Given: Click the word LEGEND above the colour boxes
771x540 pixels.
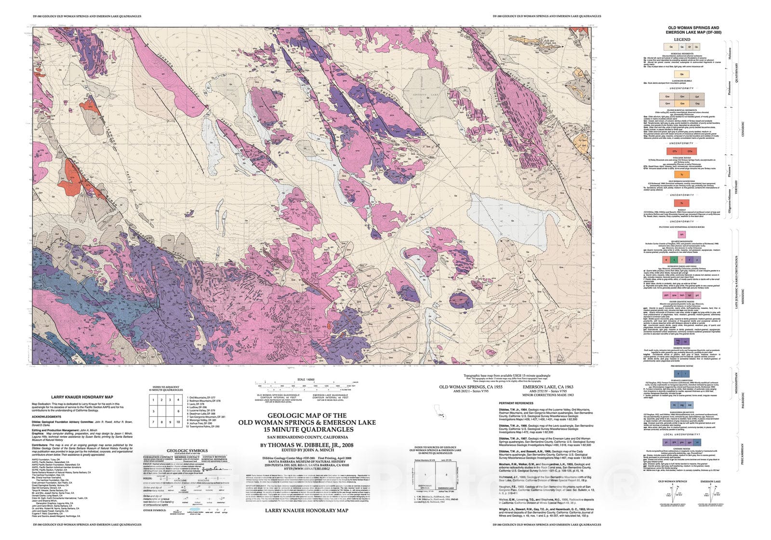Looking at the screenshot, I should coord(682,40).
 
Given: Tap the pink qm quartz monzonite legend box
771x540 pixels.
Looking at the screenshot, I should coord(681,234).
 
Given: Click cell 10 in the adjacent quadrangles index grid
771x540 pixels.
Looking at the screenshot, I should coord(178,422).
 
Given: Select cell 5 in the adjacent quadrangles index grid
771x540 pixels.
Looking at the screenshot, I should coord(154,411).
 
